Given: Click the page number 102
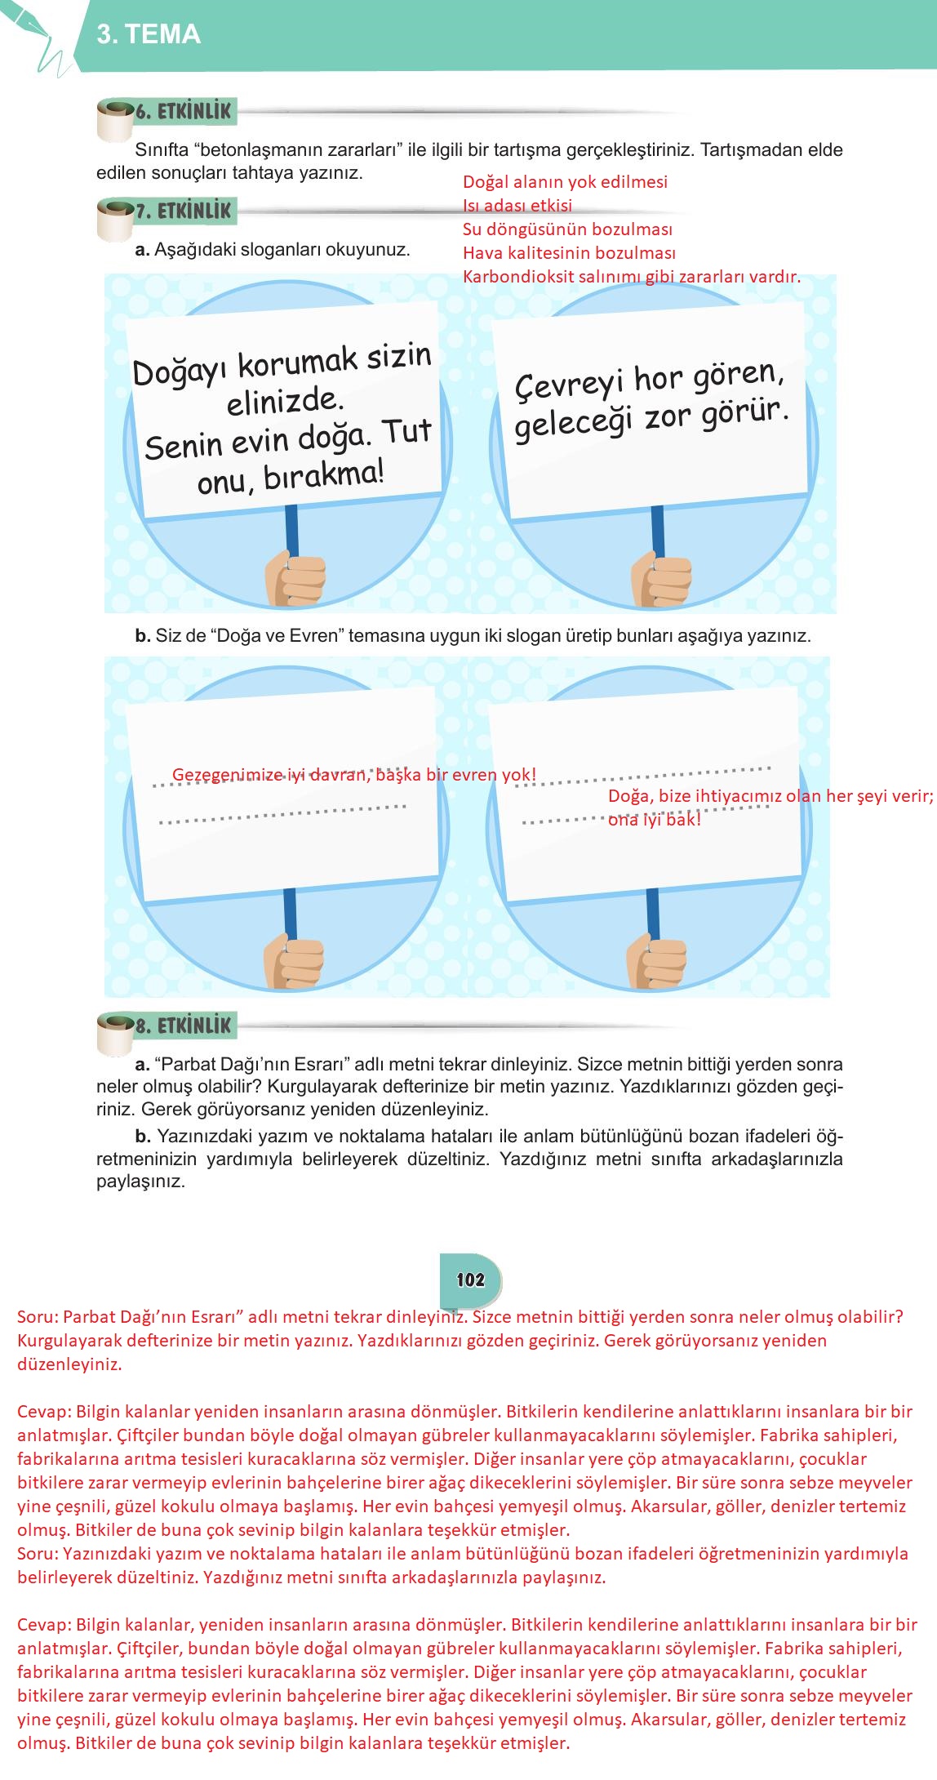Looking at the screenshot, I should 471,1279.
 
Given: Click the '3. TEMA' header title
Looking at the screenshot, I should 149,34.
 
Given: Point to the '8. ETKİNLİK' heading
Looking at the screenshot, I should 183,1026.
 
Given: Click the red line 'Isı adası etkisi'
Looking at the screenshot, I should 517,206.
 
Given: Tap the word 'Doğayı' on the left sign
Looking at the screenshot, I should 180,372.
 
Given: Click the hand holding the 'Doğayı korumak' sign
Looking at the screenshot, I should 295,579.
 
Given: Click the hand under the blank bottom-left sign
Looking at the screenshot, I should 293,964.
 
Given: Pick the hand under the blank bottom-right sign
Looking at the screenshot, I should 657,963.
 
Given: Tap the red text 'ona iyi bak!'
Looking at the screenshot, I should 654,820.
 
